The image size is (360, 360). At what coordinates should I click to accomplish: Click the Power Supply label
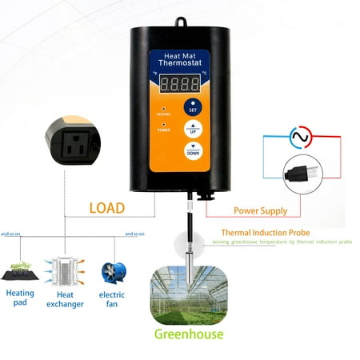point(261,211)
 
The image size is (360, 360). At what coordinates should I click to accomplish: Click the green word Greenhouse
point(190,334)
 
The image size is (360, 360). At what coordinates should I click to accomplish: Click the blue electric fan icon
point(112,274)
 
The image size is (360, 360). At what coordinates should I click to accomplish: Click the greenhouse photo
point(190,289)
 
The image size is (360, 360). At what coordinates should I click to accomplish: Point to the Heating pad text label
point(21,298)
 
